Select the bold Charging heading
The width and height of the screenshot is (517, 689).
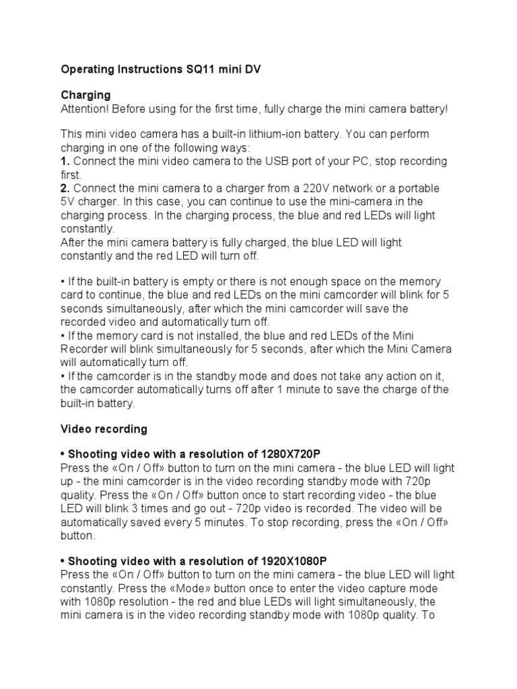tap(85, 95)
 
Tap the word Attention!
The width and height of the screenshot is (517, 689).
tap(84, 108)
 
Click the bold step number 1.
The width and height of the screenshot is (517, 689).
tap(65, 161)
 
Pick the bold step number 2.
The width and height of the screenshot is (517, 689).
tap(65, 188)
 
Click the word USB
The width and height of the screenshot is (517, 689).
tap(262, 161)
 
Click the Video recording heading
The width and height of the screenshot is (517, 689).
tap(104, 429)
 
